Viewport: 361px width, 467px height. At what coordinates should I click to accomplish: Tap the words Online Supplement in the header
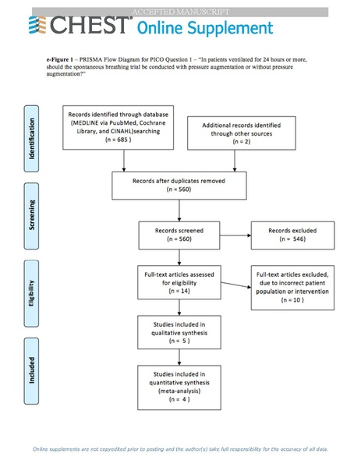(205, 28)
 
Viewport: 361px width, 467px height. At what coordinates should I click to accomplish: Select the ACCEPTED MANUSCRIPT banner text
(180, 12)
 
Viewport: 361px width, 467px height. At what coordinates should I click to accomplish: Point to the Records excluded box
(289, 235)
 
